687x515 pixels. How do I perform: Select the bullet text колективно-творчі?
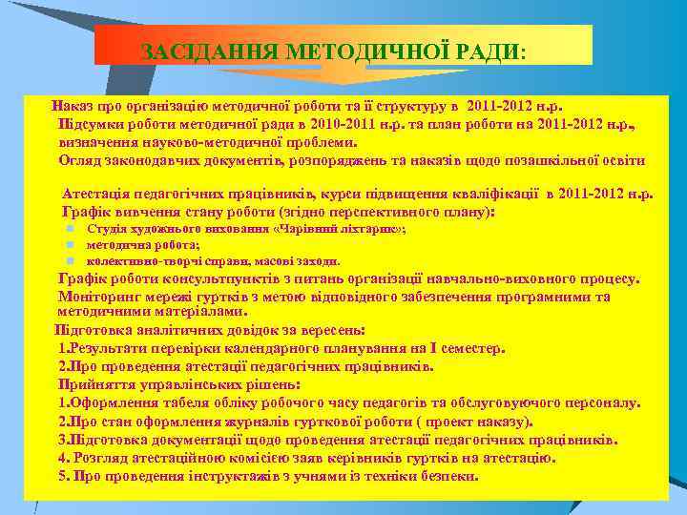click(x=133, y=260)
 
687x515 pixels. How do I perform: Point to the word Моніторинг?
click(x=99, y=296)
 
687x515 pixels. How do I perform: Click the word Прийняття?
click(x=93, y=384)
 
